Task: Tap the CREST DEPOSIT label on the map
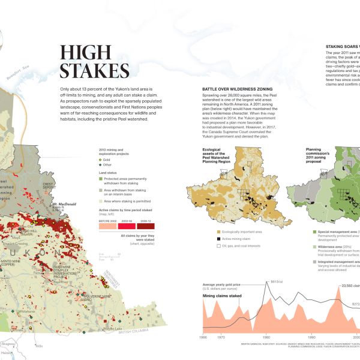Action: [x=49, y=186]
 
